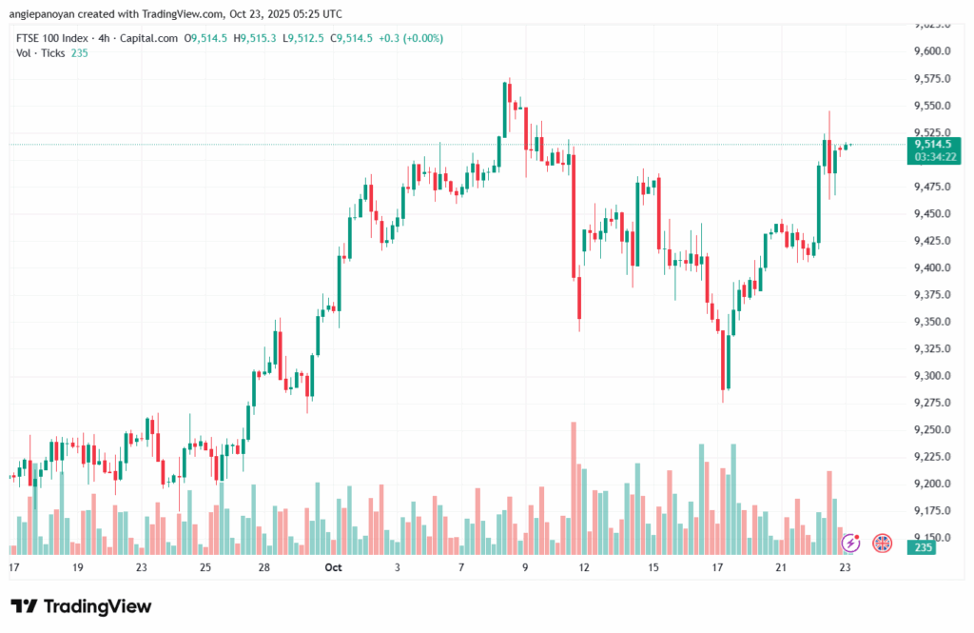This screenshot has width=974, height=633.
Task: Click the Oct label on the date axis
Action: click(x=333, y=567)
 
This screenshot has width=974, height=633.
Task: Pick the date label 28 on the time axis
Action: click(x=264, y=567)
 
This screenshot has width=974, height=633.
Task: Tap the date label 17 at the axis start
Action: click(x=14, y=567)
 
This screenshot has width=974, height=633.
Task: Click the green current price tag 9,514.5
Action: click(x=935, y=144)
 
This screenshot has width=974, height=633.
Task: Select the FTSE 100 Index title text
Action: click(x=54, y=38)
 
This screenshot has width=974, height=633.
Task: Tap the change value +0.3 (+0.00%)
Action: click(x=410, y=38)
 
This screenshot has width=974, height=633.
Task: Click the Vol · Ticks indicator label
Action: click(x=39, y=53)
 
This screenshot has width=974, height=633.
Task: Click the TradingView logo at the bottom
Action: click(x=81, y=606)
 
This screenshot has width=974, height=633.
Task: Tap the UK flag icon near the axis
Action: click(x=882, y=544)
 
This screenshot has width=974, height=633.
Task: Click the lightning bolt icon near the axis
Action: click(x=850, y=544)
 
